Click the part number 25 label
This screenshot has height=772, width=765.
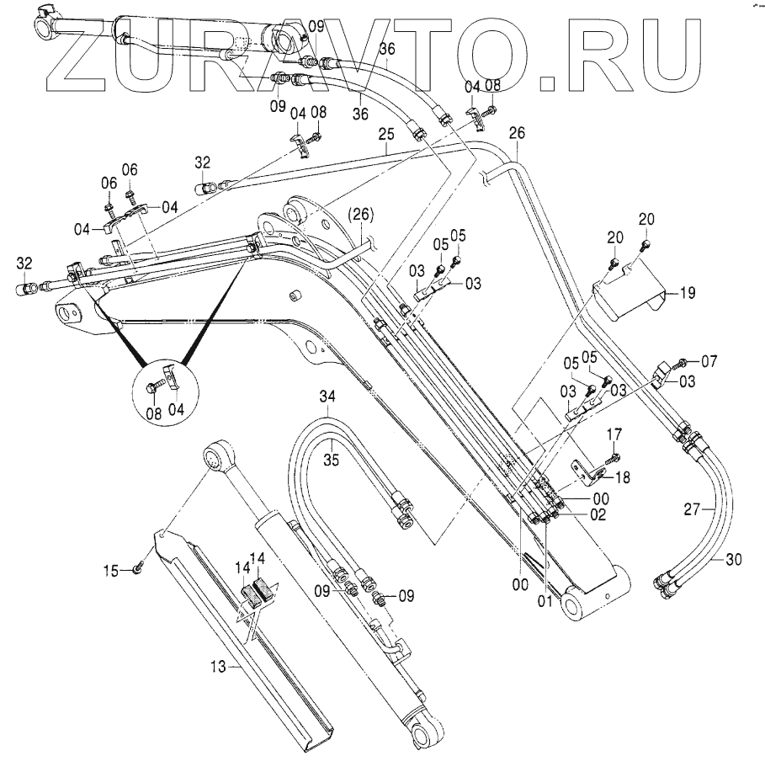[386, 135]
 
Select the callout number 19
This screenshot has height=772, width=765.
[688, 294]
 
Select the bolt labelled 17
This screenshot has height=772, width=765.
[613, 457]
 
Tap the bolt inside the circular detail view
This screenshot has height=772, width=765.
[155, 386]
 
